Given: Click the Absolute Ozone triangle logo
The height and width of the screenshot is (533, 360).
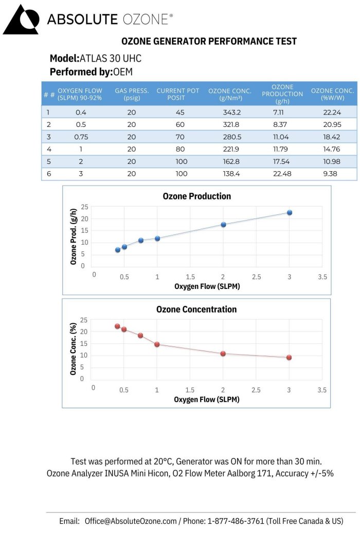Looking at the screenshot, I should [x=21, y=20].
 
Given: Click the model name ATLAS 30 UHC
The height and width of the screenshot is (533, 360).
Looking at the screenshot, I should [x=110, y=58].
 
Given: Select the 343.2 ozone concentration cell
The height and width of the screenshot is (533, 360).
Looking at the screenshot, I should [x=229, y=112].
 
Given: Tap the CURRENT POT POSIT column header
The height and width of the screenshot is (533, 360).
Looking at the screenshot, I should [x=177, y=94].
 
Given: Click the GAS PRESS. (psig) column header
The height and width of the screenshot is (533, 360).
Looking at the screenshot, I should [x=132, y=94].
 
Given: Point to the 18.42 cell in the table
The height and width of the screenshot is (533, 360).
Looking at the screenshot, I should [x=332, y=137].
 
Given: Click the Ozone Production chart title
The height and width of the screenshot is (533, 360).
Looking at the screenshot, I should [x=196, y=196].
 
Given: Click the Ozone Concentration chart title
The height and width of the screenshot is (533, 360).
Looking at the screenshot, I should [x=196, y=309].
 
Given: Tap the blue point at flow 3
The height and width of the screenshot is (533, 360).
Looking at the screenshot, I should [x=290, y=212].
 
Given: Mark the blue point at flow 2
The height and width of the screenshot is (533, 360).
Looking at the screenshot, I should [x=223, y=225].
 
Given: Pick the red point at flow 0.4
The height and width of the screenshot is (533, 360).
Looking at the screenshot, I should [x=117, y=326].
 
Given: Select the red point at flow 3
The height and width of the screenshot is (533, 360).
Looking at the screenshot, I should [x=289, y=357].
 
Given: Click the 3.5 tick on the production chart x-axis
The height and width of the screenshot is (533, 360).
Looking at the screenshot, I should [x=322, y=277].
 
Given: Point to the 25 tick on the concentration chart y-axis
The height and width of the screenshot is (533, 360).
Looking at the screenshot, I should [x=83, y=320].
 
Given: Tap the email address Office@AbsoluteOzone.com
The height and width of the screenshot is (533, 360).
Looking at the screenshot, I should [x=131, y=521].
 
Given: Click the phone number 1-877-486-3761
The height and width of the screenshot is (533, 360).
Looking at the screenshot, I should [x=235, y=521].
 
